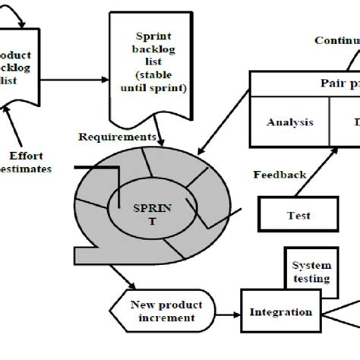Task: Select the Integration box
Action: click(282, 312)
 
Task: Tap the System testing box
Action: click(311, 271)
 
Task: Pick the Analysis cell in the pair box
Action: click(289, 122)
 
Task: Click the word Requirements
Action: click(118, 137)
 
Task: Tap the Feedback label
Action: click(279, 175)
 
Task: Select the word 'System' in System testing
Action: click(311, 265)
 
